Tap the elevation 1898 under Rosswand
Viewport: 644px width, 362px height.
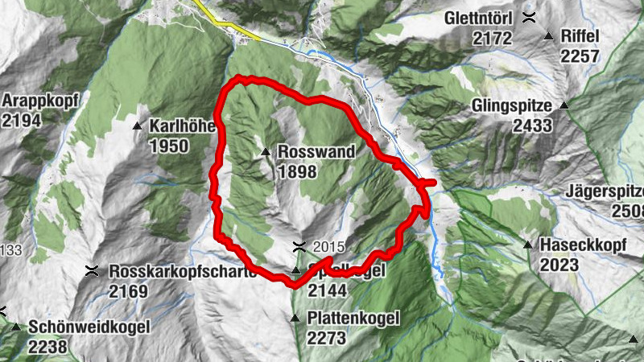coord(297,171)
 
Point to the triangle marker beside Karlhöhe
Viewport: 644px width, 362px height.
coord(136,125)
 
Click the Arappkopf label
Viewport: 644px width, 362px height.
coord(33,101)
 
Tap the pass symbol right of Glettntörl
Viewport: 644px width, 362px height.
coord(529,17)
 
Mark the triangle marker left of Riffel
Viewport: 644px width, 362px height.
coord(549,35)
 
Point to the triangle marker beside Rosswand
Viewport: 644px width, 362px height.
coord(265,151)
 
